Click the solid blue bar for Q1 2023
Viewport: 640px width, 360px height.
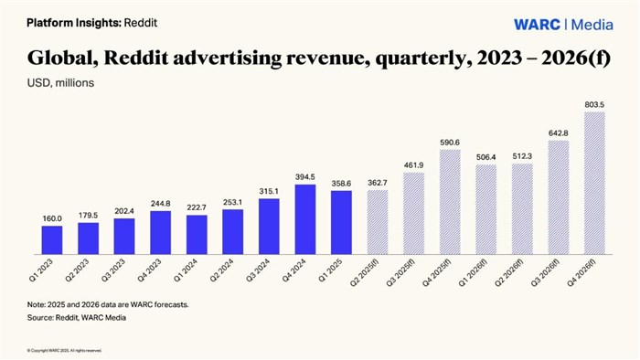[x=52, y=238]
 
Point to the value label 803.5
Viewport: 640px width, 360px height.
[x=594, y=105]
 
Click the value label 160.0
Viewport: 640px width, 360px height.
[x=52, y=219]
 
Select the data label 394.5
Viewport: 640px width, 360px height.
[x=304, y=177]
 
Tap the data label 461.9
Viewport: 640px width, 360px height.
[x=413, y=165]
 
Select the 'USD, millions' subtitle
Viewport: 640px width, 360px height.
[x=59, y=83]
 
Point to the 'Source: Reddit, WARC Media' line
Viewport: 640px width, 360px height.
[x=76, y=317]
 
